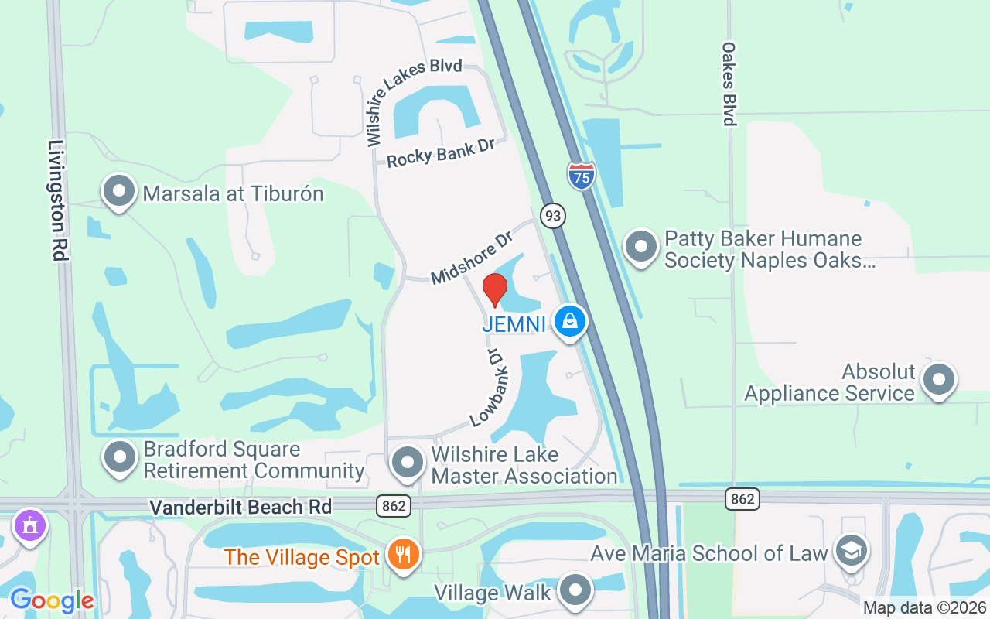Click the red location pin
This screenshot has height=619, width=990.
(495, 290)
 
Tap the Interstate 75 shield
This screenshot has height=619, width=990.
(581, 176)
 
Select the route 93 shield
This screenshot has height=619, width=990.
(552, 215)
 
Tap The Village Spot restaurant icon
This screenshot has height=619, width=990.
(402, 555)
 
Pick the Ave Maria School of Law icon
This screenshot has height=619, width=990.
(852, 551)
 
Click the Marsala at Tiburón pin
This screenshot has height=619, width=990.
(119, 191)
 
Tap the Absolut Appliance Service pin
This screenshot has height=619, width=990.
(940, 380)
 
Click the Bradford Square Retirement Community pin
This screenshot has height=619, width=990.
(120, 457)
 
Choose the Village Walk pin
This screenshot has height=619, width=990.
(575, 591)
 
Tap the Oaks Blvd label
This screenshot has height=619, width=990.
(729, 84)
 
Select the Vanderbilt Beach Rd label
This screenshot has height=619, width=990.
(241, 507)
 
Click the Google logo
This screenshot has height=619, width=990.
(52, 600)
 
